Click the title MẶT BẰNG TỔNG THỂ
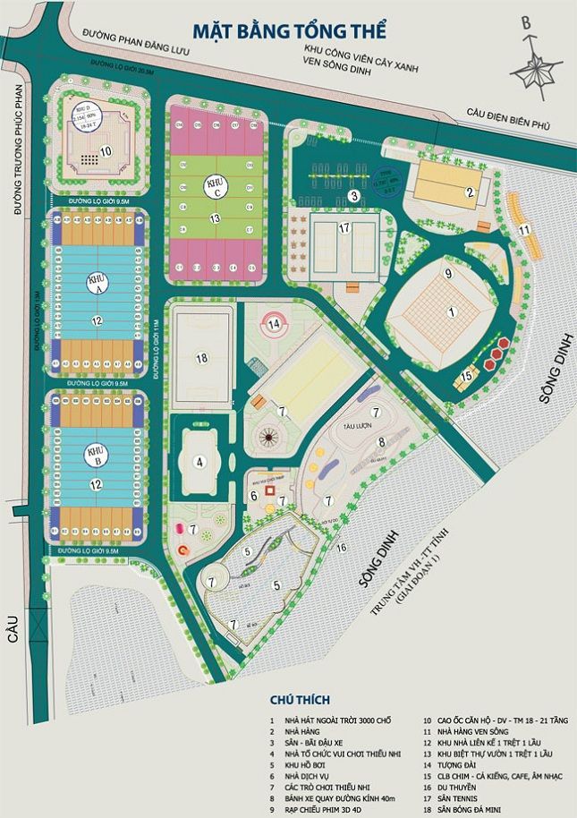pos(288,30)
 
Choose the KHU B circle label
pos(96,453)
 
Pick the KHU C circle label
pos(215,183)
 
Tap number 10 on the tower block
pos(105,150)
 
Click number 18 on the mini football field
pos(201,359)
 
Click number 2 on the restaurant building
pos(468,191)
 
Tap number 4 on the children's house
pos(201,461)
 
